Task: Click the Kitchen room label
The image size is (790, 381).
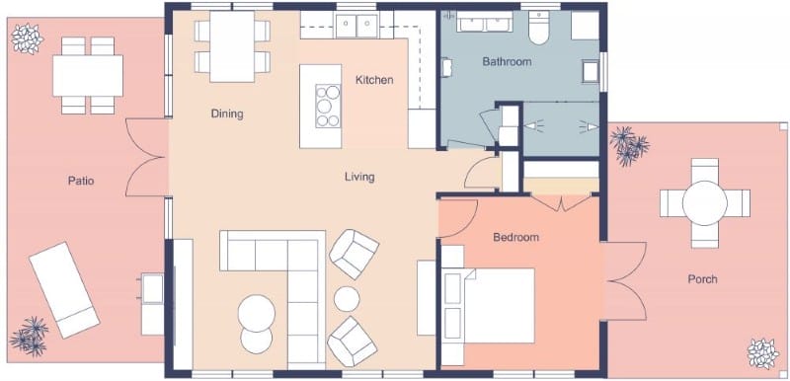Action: click(x=374, y=79)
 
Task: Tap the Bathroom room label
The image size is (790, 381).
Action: click(x=507, y=62)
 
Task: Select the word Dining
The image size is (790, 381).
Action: click(x=227, y=114)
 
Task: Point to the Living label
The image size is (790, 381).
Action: click(x=359, y=178)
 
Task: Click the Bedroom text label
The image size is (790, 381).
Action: click(x=515, y=238)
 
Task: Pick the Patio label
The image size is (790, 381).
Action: click(x=81, y=181)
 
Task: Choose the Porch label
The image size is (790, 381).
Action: click(x=702, y=279)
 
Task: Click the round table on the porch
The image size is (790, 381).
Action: click(x=705, y=203)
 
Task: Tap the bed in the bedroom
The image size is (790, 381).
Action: click(x=494, y=304)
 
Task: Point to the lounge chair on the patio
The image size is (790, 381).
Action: click(x=63, y=290)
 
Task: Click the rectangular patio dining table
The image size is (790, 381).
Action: click(x=88, y=74)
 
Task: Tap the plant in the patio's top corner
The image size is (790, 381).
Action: click(x=27, y=38)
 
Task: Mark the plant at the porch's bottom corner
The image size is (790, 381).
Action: click(x=761, y=352)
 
